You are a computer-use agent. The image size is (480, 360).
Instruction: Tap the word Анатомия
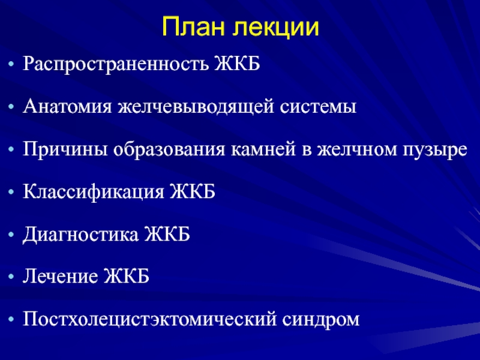coord(67,107)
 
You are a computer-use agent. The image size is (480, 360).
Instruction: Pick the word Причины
coord(65,150)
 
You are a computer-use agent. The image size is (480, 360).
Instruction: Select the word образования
coord(169,149)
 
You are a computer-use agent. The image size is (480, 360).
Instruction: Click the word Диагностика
coord(80,235)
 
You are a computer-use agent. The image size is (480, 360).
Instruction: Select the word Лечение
coord(61,276)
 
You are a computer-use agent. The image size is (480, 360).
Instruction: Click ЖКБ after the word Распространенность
coord(237,64)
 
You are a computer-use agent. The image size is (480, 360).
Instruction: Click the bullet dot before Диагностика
coord(11,235)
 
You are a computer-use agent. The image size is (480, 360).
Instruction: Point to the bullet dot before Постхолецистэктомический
coord(11,320)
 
